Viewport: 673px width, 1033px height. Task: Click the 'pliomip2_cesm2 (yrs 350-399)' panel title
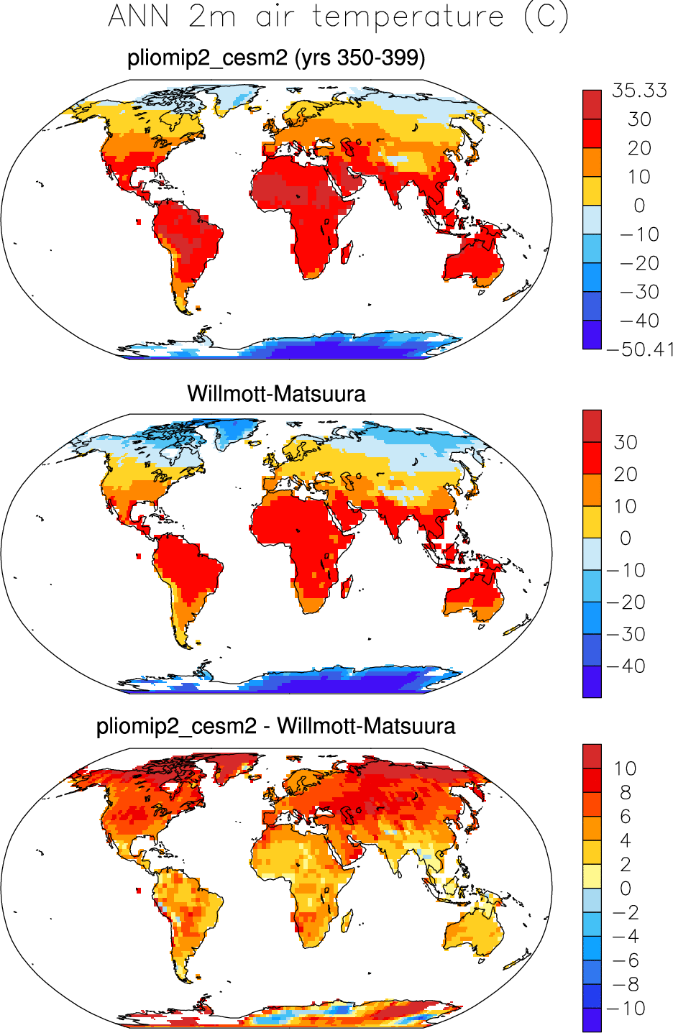276,58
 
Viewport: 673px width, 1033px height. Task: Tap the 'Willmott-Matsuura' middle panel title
276,393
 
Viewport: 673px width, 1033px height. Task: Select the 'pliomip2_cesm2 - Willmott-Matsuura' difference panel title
276,726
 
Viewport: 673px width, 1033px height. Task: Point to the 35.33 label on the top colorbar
639,91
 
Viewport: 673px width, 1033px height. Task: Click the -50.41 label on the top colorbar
639,350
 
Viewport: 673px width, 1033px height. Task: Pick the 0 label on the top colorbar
639,206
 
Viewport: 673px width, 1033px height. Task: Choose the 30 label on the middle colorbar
625,442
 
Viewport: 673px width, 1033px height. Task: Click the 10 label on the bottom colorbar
625,768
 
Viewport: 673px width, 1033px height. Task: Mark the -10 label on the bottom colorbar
625,1009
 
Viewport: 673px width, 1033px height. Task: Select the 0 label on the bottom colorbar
625,889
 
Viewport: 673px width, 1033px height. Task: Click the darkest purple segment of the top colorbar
592,335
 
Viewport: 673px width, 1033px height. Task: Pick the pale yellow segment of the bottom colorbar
592,876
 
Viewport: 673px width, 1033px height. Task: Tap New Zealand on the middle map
516,627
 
